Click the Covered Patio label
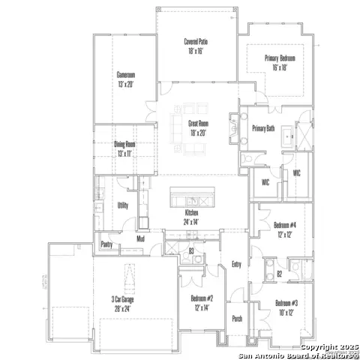point(195,41)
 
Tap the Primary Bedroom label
point(280,58)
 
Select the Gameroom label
point(125,75)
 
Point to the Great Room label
point(198,124)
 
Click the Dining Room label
point(124,144)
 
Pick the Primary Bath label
point(263,128)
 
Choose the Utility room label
point(122,205)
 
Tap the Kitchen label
point(193,213)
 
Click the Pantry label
point(106,244)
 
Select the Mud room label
point(139,239)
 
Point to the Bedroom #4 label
point(285,225)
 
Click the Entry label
point(237,264)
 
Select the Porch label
point(237,318)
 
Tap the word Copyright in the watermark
point(316,347)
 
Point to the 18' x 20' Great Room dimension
point(198,133)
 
